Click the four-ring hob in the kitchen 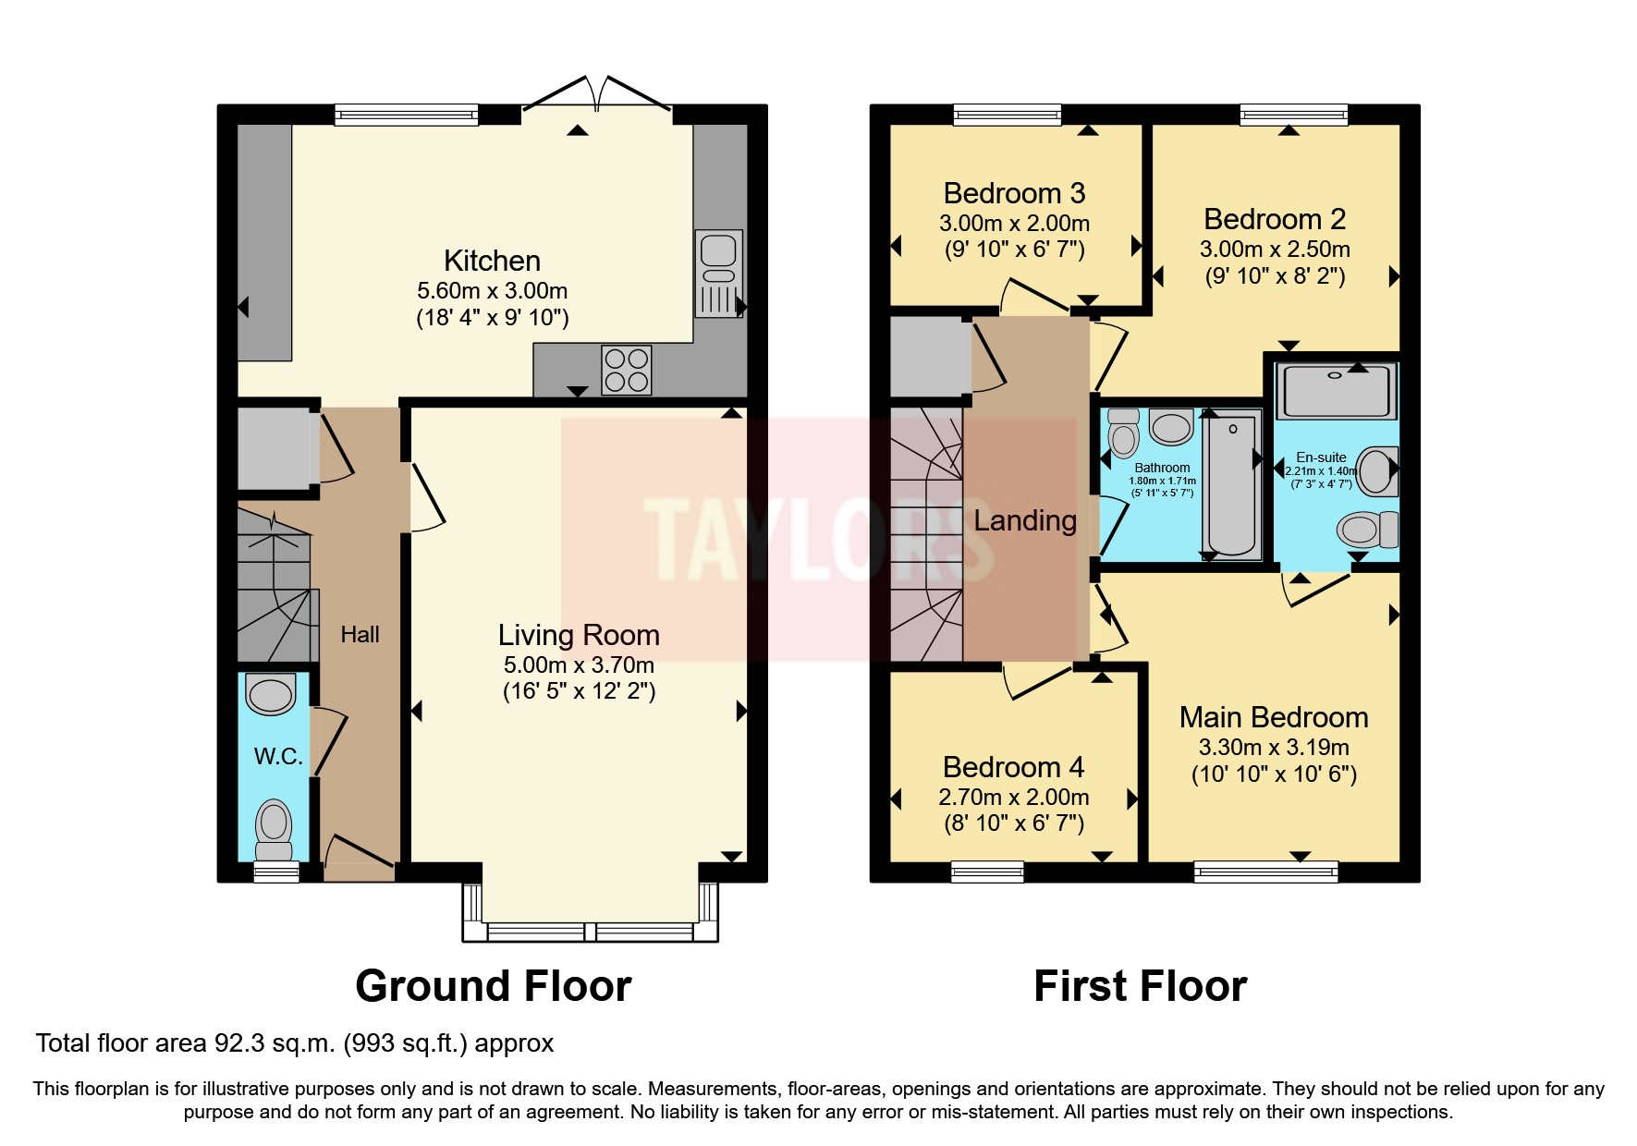[x=626, y=370]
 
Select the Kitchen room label [x=492, y=261]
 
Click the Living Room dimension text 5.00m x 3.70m [x=579, y=664]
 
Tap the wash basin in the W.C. [x=271, y=694]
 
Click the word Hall [x=360, y=635]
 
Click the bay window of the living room [x=590, y=931]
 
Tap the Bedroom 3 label [x=1014, y=193]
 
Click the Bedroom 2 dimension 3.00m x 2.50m [x=1275, y=250]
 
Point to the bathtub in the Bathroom [x=1232, y=485]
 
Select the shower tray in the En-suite [x=1336, y=391]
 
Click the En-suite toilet [x=1367, y=529]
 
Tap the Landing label [x=1025, y=520]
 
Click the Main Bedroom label [x=1274, y=717]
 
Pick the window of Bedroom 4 [x=987, y=872]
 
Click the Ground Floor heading [x=493, y=986]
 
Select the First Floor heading [x=1140, y=986]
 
